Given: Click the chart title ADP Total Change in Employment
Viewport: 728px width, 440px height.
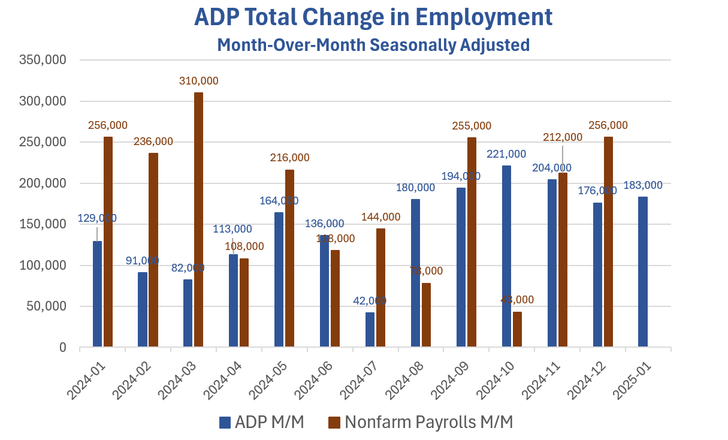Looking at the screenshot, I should pyautogui.click(x=373, y=17).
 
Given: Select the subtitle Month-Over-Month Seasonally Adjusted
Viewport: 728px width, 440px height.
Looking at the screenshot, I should pyautogui.click(x=373, y=45).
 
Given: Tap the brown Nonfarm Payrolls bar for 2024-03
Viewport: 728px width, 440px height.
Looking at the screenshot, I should pyautogui.click(x=198, y=219).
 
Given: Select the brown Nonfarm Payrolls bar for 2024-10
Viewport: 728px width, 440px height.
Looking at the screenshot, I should pyautogui.click(x=517, y=329).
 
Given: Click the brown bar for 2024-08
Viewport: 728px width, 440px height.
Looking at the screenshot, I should pyautogui.click(x=426, y=315).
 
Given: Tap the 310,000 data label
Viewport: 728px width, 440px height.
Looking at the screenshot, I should pyautogui.click(x=198, y=81).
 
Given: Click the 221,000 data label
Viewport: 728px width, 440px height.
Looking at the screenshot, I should pyautogui.click(x=506, y=154).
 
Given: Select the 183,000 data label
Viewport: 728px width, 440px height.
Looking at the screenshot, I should pyautogui.click(x=643, y=185).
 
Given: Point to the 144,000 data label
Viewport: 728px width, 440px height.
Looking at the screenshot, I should pyautogui.click(x=380, y=217).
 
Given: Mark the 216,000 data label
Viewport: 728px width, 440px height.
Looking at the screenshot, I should pyautogui.click(x=290, y=158).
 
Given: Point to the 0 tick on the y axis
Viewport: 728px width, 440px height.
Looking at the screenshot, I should pyautogui.click(x=61, y=348).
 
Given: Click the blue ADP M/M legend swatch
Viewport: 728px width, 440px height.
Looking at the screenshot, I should pyautogui.click(x=225, y=422).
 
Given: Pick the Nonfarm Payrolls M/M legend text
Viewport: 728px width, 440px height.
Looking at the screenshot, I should pyautogui.click(x=428, y=422).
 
